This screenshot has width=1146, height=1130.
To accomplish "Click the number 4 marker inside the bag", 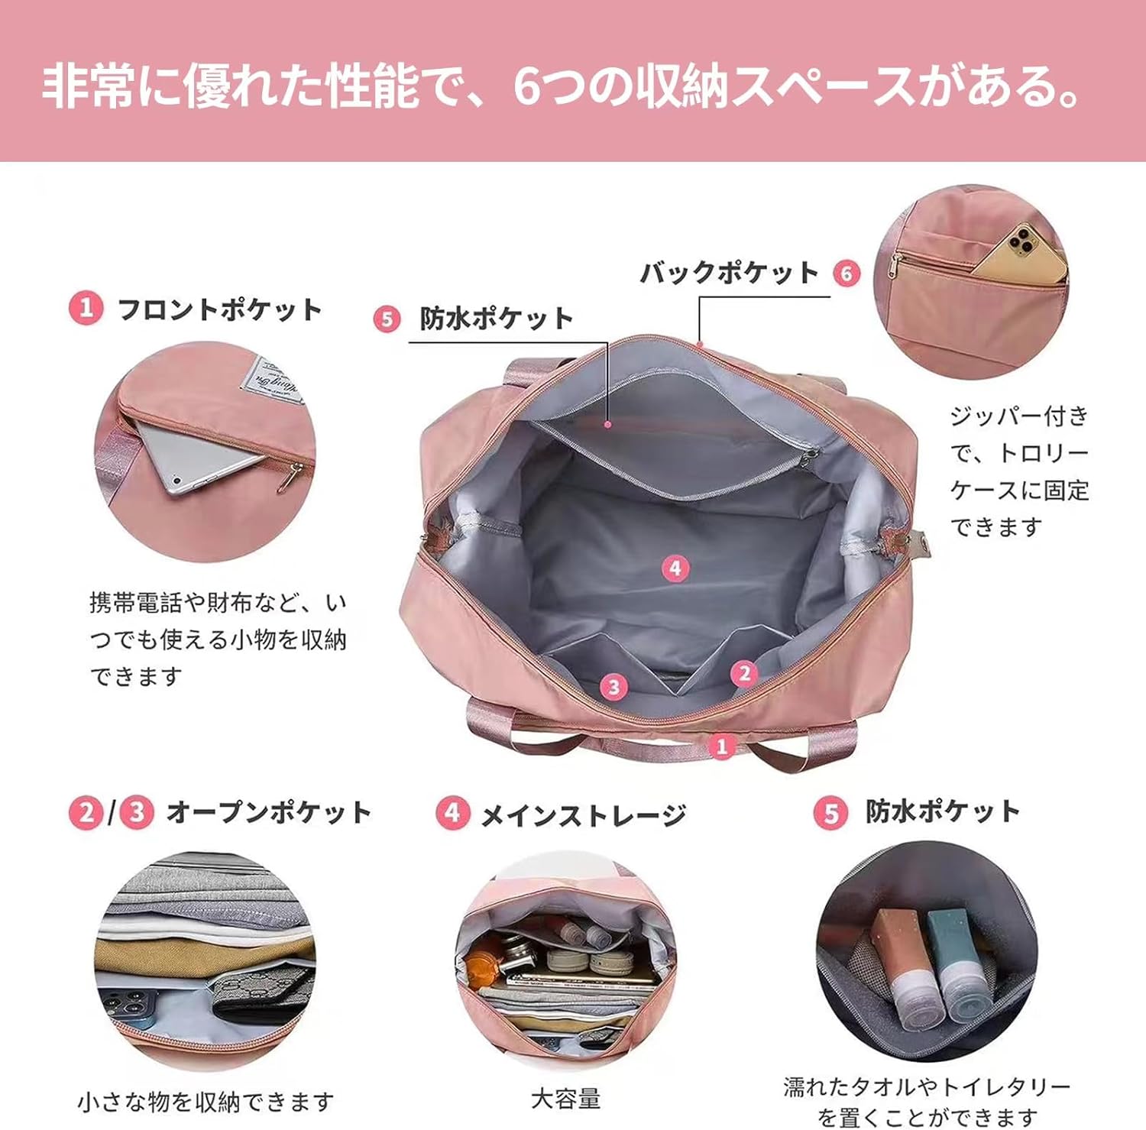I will [675, 568].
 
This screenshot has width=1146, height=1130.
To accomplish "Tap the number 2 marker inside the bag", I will [744, 673].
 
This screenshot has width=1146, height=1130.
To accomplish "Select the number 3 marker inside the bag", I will [613, 686].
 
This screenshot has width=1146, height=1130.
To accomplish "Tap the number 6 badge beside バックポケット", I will [847, 274].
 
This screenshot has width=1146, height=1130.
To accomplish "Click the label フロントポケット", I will [220, 309].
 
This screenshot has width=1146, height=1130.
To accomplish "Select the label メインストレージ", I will [584, 816].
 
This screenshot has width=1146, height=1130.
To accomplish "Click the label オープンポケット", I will [269, 812].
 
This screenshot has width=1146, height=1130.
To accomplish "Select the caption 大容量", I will [566, 1099].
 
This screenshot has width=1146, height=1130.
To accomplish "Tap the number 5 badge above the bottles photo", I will [830, 813].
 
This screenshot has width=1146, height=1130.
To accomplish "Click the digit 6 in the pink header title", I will [527, 86].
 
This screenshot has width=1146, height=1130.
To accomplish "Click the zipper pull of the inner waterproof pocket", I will [809, 460].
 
